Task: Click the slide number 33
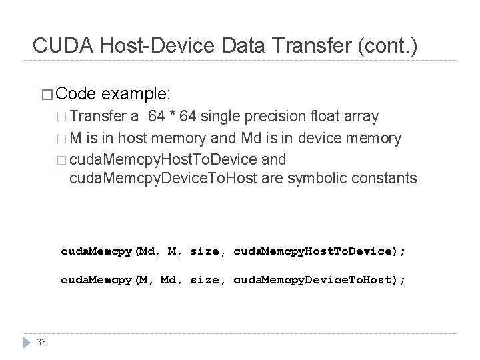click(42, 343)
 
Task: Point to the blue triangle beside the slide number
click(26, 343)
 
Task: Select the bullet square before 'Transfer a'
click(62, 117)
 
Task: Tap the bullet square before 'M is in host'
click(62, 139)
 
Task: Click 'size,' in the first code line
click(209, 251)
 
